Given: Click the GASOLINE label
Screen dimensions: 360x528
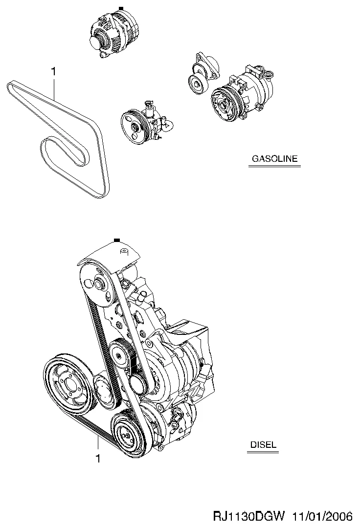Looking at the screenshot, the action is (275, 158).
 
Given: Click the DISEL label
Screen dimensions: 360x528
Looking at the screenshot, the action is (263, 444).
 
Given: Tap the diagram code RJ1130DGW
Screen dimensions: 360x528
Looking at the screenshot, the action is (249, 517).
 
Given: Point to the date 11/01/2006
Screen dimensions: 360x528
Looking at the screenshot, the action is (322, 517).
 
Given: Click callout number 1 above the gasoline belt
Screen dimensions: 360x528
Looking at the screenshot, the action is (53, 72).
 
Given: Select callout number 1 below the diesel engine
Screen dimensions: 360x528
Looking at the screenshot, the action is (98, 459).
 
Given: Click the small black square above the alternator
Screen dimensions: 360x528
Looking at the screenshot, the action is (121, 8).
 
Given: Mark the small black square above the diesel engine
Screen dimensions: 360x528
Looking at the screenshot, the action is (117, 240).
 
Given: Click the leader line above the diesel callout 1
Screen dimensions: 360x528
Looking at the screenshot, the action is (98, 444).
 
